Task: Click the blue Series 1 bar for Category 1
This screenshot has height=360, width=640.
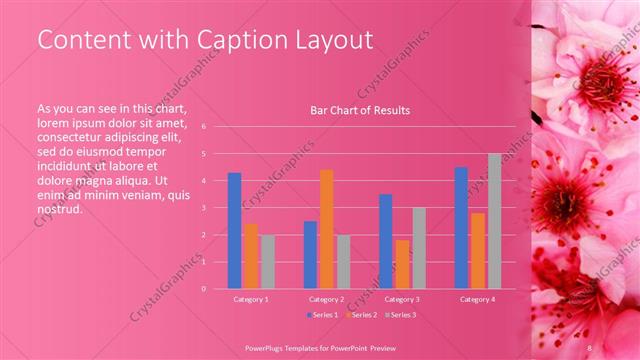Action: [234, 231]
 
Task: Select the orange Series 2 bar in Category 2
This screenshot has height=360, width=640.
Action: [326, 229]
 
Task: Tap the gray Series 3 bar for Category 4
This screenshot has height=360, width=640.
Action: [494, 221]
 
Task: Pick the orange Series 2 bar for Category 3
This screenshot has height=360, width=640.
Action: [402, 264]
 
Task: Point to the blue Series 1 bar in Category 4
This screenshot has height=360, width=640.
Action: [461, 228]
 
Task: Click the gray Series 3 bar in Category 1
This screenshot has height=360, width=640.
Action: [268, 261]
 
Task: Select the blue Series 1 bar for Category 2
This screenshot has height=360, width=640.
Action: [310, 254]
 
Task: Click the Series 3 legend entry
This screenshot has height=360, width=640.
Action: [400, 315]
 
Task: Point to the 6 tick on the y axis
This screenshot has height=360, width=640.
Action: [203, 127]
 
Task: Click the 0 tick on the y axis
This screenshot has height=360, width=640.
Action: [203, 289]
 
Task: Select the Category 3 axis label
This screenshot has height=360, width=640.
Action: [402, 299]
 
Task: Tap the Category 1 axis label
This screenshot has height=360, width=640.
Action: [251, 299]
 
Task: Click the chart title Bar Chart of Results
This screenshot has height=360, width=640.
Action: [360, 110]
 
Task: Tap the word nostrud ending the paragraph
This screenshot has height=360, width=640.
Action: [59, 209]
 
